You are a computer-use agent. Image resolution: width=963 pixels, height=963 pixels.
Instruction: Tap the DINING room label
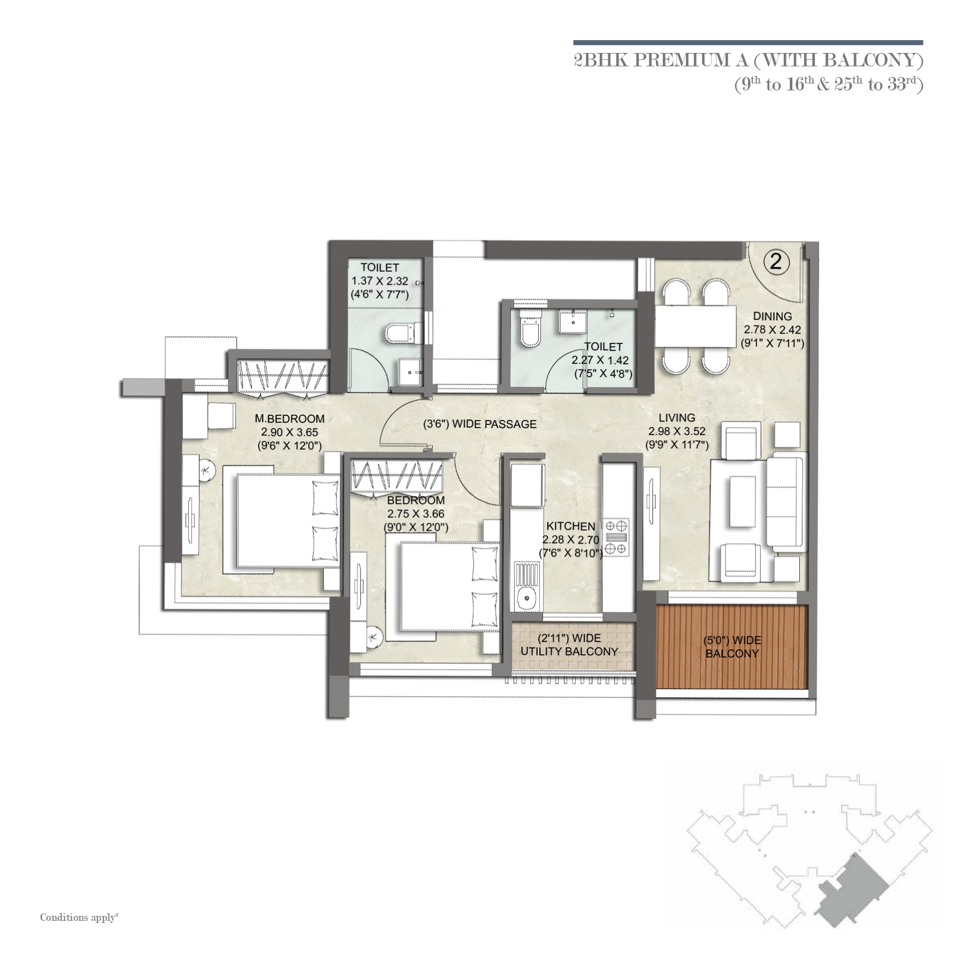[x=772, y=316]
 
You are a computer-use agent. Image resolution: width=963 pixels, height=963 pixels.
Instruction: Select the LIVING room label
[x=677, y=418]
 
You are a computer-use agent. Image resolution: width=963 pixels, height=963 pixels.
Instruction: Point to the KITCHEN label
[x=571, y=526]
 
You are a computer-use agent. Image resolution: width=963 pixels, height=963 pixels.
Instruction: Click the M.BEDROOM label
[x=289, y=419]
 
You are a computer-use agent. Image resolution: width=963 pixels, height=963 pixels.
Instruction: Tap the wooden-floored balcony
[x=731, y=647]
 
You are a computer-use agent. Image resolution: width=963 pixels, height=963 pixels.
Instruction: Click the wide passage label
[x=480, y=424]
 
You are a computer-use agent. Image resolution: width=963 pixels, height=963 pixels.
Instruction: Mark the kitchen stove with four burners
[x=616, y=537]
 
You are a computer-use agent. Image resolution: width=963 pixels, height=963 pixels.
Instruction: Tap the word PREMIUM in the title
[x=678, y=60]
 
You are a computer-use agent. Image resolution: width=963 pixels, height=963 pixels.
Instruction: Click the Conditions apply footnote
[x=79, y=918]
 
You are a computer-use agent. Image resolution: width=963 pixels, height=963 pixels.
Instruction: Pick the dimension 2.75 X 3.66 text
[x=416, y=514]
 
